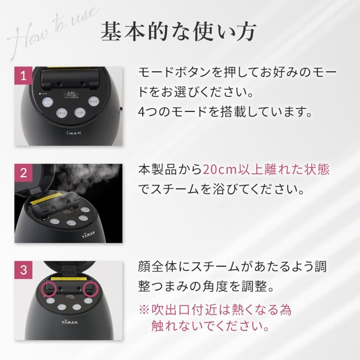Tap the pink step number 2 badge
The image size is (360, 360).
pos(23,172)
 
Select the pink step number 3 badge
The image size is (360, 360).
pos(23,270)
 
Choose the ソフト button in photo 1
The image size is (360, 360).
pos(80,112)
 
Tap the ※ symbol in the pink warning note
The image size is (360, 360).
pos(144,310)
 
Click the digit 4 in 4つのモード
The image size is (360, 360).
pos(141,112)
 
